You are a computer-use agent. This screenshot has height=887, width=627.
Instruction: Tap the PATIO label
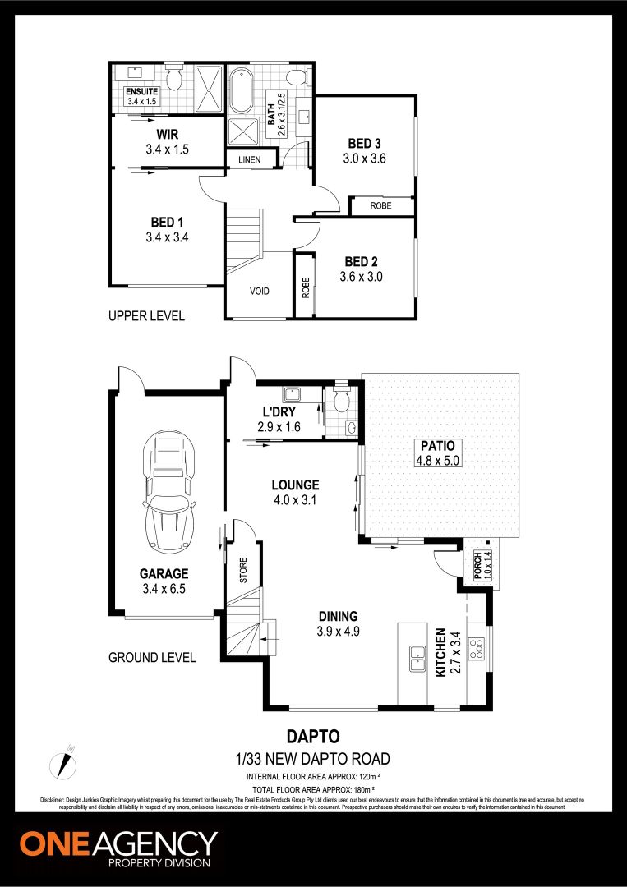point(440,445)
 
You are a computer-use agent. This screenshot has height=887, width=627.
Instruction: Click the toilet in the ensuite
point(173,79)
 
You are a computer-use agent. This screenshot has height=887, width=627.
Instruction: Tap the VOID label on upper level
point(259,292)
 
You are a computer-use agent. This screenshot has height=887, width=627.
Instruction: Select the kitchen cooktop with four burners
point(476,650)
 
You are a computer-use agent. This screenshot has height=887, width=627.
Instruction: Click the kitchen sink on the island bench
point(418,657)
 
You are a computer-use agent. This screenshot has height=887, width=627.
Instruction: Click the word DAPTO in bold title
point(313,738)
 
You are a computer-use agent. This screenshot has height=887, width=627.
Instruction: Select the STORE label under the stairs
point(243,571)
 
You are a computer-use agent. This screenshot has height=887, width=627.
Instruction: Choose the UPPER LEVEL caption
point(146,316)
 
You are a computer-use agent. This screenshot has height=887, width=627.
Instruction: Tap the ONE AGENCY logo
point(119,848)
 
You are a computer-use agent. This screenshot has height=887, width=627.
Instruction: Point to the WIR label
point(167,133)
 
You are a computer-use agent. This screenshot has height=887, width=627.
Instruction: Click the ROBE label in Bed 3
point(380,206)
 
